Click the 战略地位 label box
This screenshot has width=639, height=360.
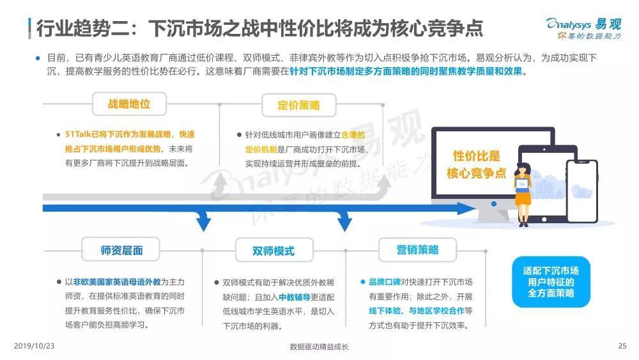(x=129, y=104)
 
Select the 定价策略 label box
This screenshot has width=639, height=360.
(x=298, y=106)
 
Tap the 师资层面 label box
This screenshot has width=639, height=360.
(x=121, y=250)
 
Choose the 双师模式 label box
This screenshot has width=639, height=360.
(x=274, y=251)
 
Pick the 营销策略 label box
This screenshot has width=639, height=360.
(x=417, y=250)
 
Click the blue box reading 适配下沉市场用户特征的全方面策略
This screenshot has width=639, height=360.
(x=551, y=282)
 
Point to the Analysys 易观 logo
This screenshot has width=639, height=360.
(x=583, y=29)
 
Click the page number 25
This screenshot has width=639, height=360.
(x=622, y=346)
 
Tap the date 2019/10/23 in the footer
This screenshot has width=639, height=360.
(x=35, y=346)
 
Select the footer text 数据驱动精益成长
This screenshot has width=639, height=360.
(x=319, y=347)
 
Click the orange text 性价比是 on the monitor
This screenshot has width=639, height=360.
(x=476, y=156)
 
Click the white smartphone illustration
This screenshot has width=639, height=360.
(x=582, y=191)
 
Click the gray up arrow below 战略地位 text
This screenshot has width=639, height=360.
(x=221, y=185)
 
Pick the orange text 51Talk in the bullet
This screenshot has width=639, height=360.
(x=78, y=134)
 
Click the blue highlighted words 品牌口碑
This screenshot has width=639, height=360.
(x=385, y=282)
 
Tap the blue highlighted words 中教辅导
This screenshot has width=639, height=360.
(x=294, y=297)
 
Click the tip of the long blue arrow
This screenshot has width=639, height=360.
(x=475, y=208)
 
